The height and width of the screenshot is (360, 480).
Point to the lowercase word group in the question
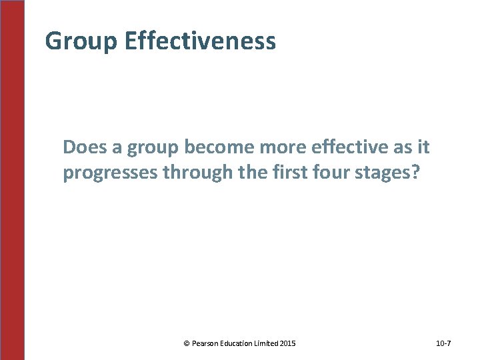tap(147, 148)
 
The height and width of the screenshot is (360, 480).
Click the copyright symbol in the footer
tap(186, 343)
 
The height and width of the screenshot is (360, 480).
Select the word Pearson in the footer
tap(206, 343)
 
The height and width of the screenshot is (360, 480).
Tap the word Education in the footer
tap(241, 343)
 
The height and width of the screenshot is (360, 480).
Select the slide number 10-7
tap(443, 343)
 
